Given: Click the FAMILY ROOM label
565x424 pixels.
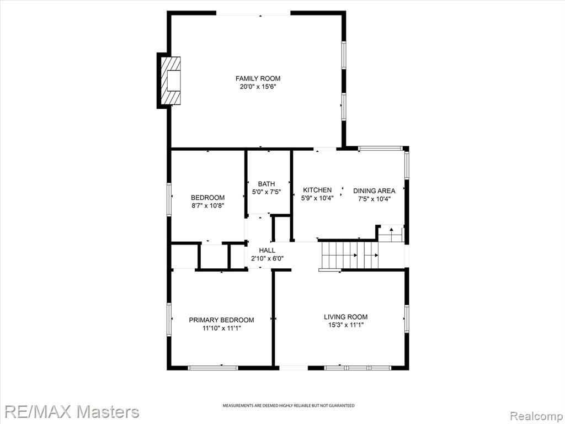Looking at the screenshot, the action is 258,78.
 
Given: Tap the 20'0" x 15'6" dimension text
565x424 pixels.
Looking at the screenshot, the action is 258,87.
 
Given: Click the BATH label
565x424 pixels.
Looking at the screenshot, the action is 266,184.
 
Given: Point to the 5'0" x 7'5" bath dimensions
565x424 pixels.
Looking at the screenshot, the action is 266,192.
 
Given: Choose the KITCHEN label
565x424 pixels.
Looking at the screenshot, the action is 317,190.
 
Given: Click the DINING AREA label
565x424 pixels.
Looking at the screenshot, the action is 374,190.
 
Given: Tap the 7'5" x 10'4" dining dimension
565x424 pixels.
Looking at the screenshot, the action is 374,199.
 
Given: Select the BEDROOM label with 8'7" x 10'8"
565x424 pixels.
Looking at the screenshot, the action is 207,198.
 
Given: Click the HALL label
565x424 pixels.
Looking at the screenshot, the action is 267,250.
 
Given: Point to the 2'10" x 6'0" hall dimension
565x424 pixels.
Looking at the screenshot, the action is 267,258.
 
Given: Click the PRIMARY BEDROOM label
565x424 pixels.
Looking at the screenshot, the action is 221,320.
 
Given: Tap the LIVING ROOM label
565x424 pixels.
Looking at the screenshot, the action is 345,317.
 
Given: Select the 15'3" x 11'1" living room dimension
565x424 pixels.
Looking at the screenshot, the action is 345,325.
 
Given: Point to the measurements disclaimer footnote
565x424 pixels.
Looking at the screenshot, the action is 288,406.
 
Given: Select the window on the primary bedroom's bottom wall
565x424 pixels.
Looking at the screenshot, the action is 213,368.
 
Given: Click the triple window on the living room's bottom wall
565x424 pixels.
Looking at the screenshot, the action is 358,368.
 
